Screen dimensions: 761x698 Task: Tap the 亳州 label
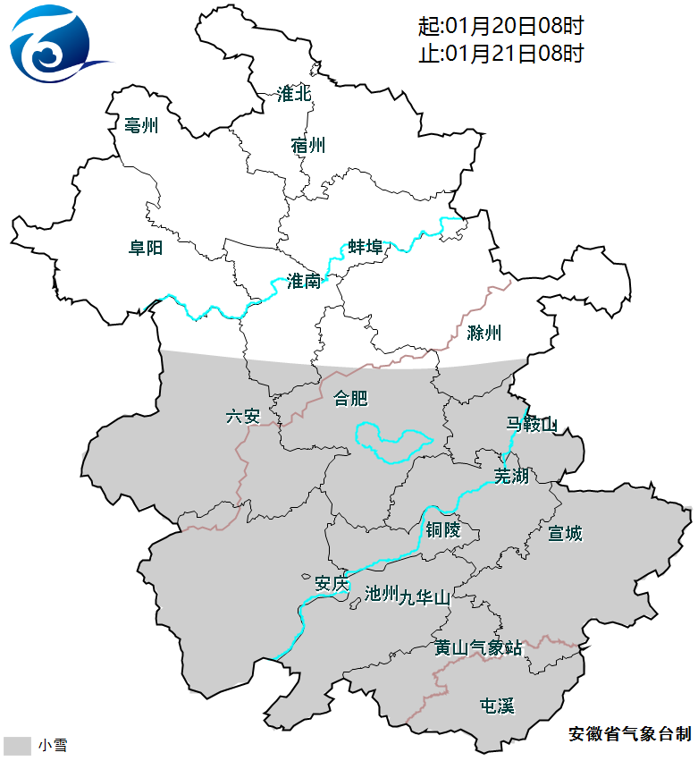141,126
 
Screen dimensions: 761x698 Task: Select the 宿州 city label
308,146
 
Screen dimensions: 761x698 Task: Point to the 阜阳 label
146,248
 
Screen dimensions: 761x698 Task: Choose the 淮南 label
304,282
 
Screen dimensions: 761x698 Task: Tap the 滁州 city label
484,334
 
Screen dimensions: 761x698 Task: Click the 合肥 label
350,399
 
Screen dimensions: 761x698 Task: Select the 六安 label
242,416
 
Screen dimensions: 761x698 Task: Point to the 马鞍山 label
531,424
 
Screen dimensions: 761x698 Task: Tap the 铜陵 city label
442,530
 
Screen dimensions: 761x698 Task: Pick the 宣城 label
565,534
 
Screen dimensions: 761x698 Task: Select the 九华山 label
426,596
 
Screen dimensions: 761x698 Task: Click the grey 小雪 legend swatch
18,745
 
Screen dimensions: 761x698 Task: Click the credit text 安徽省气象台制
629,734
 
